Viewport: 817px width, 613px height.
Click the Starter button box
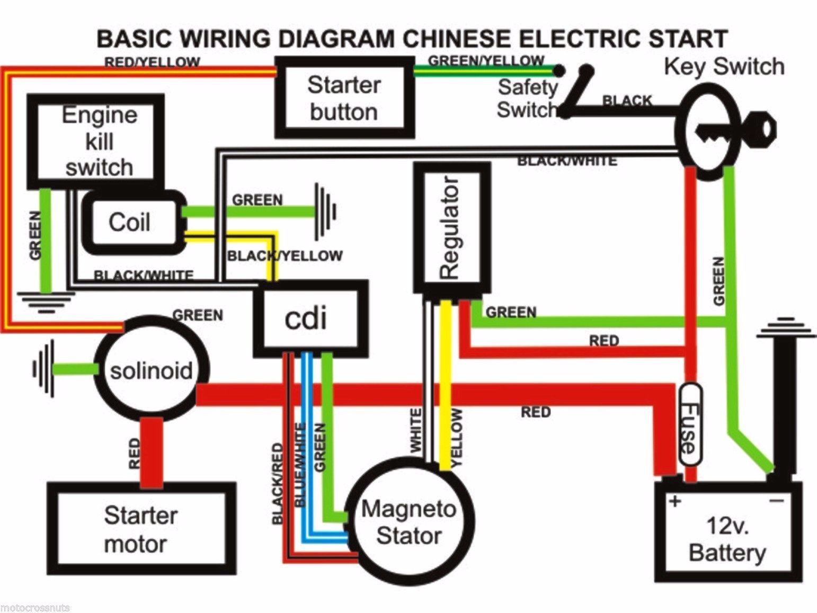(x=344, y=98)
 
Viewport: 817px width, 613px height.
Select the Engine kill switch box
(x=96, y=141)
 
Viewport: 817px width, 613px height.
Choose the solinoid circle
(x=151, y=370)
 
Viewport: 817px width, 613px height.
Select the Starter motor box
(x=140, y=529)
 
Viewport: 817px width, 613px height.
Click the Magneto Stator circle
(x=408, y=522)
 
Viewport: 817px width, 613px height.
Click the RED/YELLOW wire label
(x=152, y=63)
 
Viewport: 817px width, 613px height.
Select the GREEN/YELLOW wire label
(x=486, y=61)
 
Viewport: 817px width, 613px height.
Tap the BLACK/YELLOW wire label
(x=285, y=256)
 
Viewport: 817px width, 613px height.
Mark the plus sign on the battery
(x=675, y=501)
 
